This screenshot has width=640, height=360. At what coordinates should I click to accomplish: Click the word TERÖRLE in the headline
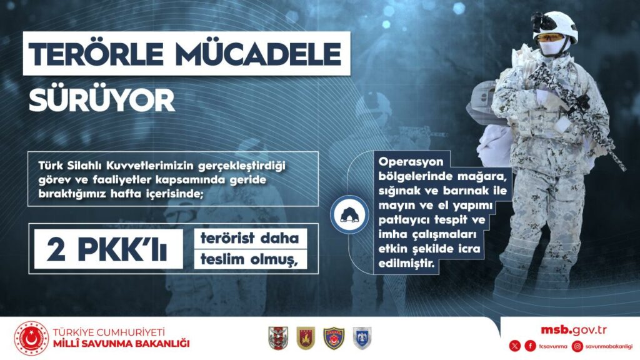96,54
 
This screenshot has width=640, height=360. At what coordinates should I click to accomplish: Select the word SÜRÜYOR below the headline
102,101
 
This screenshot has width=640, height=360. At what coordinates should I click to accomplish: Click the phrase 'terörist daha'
249,237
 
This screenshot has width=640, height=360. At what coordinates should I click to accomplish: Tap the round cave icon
349,215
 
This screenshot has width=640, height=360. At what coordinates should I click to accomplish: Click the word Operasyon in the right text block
411,162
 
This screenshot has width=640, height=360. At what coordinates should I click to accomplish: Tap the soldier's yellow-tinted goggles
549,38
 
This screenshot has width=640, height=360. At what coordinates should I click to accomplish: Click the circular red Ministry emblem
31,338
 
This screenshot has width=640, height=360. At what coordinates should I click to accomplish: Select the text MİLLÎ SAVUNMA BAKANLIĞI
121,343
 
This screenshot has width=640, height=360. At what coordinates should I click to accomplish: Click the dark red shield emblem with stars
306,338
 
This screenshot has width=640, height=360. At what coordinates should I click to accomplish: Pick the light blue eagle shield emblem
362,338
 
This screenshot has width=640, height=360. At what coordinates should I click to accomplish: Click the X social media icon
515,346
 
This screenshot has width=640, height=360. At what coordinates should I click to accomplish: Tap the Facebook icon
530,346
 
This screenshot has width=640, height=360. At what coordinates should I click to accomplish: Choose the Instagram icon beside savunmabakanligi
577,346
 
